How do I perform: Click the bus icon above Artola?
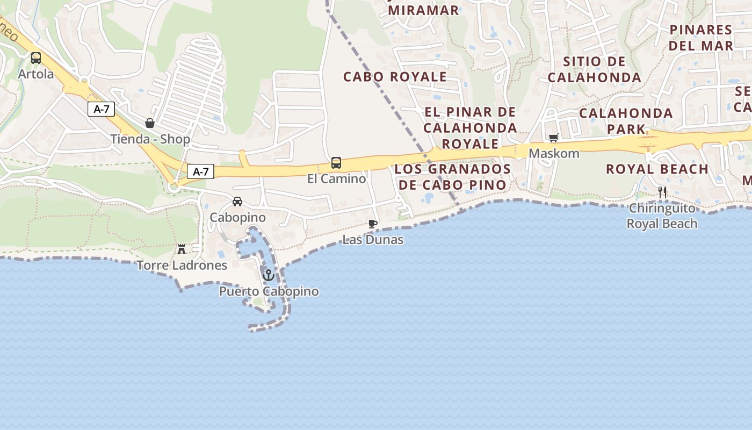click(x=36, y=58)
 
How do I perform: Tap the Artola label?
click(x=36, y=74)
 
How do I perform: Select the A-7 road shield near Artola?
click(x=101, y=109)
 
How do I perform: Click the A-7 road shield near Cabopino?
click(x=200, y=172)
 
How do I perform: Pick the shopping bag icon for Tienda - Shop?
click(x=150, y=124)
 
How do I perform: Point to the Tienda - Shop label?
click(x=150, y=139)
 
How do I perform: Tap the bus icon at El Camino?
click(x=336, y=163)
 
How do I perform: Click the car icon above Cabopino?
click(x=237, y=202)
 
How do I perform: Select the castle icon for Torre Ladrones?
click(x=182, y=249)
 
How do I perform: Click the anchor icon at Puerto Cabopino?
click(x=268, y=275)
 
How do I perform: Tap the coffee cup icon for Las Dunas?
click(x=373, y=224)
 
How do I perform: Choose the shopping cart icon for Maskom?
click(x=554, y=138)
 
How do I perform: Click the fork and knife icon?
click(x=662, y=192)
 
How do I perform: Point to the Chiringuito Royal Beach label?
click(x=662, y=216)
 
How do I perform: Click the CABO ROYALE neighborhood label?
click(x=395, y=77)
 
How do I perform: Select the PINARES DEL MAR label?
click(x=701, y=38)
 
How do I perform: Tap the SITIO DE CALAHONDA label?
click(x=595, y=69)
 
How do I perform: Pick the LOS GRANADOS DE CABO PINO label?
click(x=452, y=177)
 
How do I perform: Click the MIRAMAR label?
click(x=423, y=10)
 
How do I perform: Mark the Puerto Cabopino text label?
click(x=269, y=292)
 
